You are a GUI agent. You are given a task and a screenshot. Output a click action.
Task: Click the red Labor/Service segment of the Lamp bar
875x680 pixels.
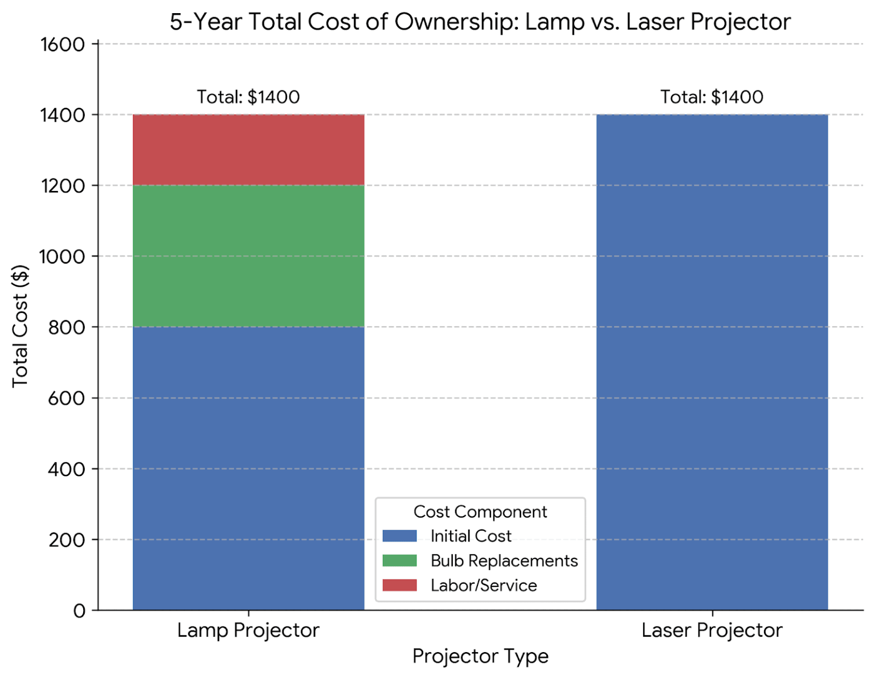pyautogui.click(x=248, y=150)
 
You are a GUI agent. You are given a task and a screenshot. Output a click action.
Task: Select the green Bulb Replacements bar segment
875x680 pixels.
pyautogui.click(x=248, y=256)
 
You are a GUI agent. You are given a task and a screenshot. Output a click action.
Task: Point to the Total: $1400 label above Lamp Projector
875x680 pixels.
pyautogui.click(x=248, y=97)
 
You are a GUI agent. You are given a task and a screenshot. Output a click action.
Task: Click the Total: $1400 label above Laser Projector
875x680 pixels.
pyautogui.click(x=712, y=97)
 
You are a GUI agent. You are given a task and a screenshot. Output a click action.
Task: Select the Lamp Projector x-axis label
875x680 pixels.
pyautogui.click(x=248, y=630)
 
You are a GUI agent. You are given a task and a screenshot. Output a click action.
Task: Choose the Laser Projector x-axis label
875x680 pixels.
pyautogui.click(x=712, y=630)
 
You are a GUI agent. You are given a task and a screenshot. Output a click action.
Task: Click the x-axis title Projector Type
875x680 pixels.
pyautogui.click(x=480, y=656)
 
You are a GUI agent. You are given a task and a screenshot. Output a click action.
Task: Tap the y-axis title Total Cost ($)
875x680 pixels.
pyautogui.click(x=20, y=326)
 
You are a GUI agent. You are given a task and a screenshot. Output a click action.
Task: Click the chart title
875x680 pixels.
pyautogui.click(x=480, y=22)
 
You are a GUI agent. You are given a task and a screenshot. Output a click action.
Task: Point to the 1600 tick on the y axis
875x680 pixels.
pyautogui.click(x=63, y=44)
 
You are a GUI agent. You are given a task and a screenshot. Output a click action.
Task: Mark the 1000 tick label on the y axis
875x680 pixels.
pyautogui.click(x=63, y=256)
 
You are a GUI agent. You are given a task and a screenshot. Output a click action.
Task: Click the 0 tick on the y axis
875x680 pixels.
pyautogui.click(x=79, y=610)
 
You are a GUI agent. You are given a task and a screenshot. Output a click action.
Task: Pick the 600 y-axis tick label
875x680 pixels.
pyautogui.click(x=67, y=398)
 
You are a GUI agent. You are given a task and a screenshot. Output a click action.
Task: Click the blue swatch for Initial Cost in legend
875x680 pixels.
pyautogui.click(x=399, y=536)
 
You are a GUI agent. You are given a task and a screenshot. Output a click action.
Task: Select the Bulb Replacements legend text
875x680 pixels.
pyautogui.click(x=504, y=561)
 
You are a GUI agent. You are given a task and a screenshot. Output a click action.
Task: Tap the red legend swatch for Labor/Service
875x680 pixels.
pyautogui.click(x=399, y=585)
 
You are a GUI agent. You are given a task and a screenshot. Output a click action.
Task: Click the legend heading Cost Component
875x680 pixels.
pyautogui.click(x=480, y=512)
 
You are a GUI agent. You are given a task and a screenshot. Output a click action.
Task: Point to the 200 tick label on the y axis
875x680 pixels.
pyautogui.click(x=67, y=540)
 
